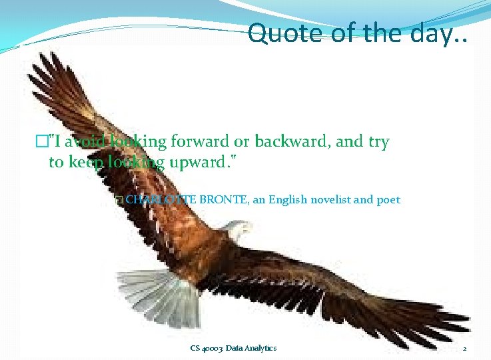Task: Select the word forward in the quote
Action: coord(199,142)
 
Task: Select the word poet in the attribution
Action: coord(388,199)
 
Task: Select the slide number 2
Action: coord(464,349)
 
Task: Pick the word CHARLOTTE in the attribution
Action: coord(157,199)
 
